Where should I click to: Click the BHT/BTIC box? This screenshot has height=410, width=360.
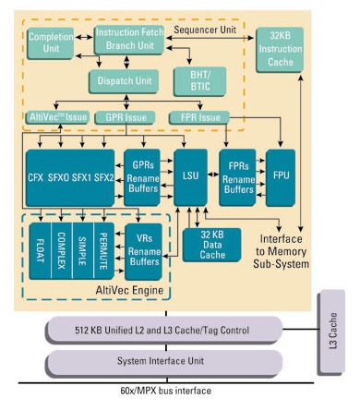pyautogui.click(x=201, y=80)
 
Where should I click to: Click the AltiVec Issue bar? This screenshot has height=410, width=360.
pyautogui.click(x=58, y=117)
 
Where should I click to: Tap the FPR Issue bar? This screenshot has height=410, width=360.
pyautogui.click(x=198, y=117)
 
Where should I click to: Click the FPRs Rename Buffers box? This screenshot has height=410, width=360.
pyautogui.click(x=239, y=175)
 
